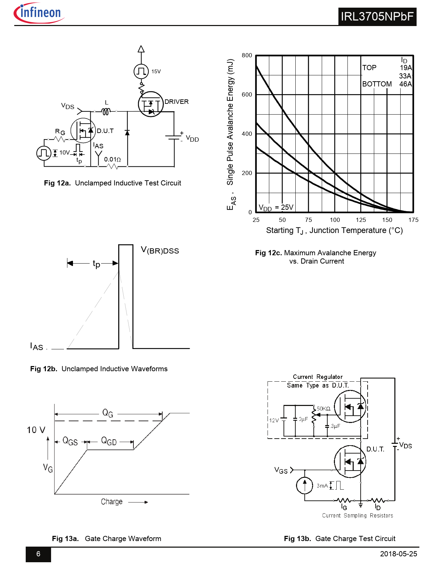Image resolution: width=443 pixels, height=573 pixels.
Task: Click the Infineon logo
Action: (x=39, y=14)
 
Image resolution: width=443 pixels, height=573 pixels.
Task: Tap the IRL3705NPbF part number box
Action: (x=377, y=16)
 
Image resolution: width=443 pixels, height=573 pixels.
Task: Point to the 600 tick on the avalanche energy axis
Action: (x=247, y=94)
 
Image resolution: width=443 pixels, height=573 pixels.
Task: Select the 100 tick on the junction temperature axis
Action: (x=335, y=220)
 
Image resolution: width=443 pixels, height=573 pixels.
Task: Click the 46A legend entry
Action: (x=405, y=84)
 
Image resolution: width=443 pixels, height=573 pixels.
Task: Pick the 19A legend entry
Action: (x=405, y=68)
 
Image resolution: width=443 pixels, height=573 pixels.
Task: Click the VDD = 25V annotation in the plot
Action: (x=276, y=208)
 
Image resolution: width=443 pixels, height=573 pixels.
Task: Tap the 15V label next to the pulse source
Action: (x=156, y=72)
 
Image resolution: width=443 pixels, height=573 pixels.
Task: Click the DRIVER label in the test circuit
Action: (x=177, y=102)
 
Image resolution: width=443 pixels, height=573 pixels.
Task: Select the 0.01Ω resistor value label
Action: (x=112, y=159)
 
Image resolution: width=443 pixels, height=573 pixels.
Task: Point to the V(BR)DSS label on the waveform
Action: (x=160, y=250)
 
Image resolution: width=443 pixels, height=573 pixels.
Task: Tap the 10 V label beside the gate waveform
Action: (x=36, y=430)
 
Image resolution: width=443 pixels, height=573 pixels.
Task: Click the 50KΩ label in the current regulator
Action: (x=323, y=409)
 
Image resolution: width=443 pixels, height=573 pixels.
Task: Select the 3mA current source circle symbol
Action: (x=305, y=485)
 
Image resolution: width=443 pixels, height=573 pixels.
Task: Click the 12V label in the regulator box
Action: (x=274, y=420)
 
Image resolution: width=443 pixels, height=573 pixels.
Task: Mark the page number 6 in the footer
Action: (x=38, y=554)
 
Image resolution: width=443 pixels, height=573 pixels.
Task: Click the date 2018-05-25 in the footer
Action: (x=398, y=554)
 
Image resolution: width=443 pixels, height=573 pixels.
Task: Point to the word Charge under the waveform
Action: (x=112, y=502)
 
